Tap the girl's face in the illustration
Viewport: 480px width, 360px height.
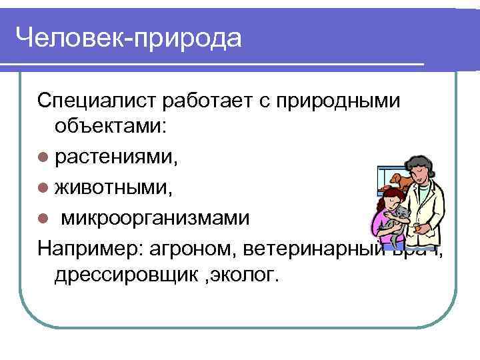pyautogui.click(x=392, y=199)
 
